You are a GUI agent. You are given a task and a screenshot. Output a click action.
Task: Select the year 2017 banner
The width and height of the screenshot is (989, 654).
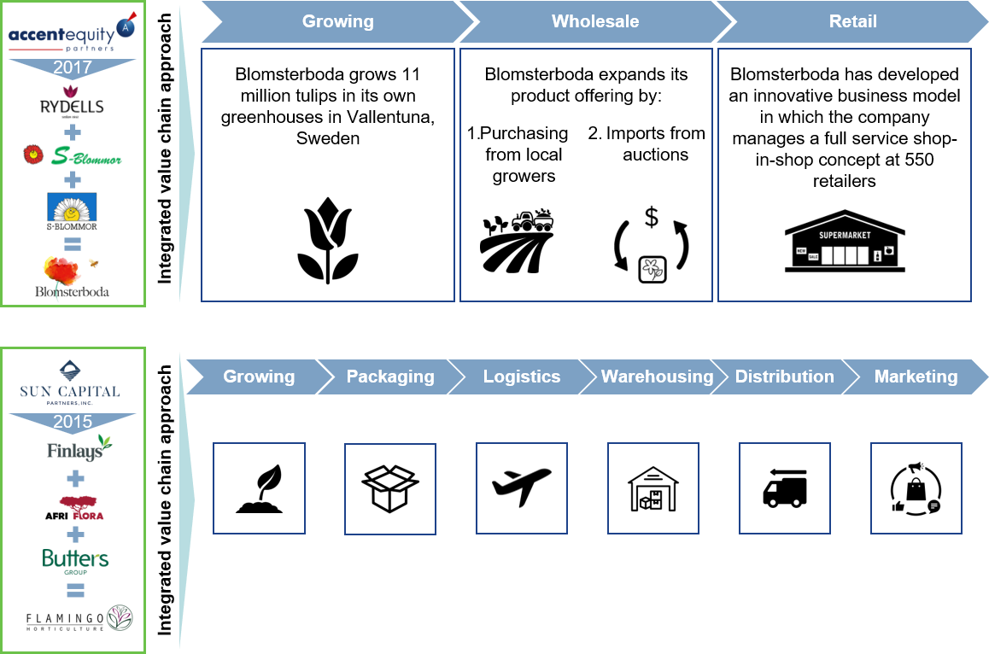(73, 67)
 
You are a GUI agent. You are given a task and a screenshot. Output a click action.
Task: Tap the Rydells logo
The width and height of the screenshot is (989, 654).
(71, 102)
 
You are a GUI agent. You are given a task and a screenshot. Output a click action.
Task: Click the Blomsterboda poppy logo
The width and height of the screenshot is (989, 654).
(71, 277)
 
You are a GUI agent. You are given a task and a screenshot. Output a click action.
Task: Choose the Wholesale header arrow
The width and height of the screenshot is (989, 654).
(595, 21)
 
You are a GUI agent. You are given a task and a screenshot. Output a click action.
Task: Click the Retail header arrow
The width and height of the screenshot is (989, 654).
(852, 21)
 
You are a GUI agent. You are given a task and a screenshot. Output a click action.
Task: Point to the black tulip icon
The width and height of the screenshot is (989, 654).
(328, 240)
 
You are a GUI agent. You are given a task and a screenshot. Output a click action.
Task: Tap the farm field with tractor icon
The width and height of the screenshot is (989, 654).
(517, 242)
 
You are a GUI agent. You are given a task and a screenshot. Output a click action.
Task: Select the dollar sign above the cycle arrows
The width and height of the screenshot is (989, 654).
(652, 216)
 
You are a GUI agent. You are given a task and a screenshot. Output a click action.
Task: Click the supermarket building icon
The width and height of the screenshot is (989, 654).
(845, 241)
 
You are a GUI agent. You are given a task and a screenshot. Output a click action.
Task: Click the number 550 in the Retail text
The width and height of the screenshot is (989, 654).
(919, 160)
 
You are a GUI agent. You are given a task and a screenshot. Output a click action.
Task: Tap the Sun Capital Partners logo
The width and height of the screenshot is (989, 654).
(70, 382)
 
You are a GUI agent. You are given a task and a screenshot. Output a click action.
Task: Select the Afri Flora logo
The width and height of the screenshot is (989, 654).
(74, 508)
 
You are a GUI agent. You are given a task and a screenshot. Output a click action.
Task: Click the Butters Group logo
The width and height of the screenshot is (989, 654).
(75, 561)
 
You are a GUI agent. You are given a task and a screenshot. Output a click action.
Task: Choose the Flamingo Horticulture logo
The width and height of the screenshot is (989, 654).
(79, 619)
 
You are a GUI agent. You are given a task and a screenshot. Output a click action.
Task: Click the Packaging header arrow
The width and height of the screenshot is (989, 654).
(390, 377)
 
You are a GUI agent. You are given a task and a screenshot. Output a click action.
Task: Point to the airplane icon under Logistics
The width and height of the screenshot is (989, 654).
(522, 488)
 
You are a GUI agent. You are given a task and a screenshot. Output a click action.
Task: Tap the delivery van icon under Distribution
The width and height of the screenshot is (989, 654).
(785, 488)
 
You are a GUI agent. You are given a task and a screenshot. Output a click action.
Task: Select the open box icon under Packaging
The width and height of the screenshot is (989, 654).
(390, 488)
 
